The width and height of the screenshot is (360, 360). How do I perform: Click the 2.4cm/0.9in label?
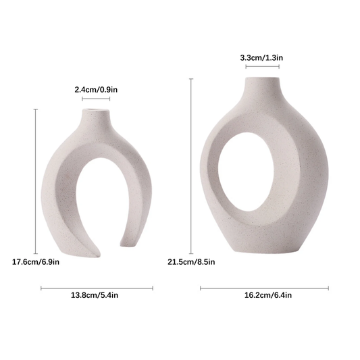coord(96,90)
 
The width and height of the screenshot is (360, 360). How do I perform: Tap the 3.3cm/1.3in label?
coord(261,57)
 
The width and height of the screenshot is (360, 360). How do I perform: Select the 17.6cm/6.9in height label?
coord(36,262)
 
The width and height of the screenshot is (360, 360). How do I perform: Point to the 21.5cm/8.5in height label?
coord(191,262)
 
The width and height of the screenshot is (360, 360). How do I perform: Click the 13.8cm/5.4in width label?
coord(95,295)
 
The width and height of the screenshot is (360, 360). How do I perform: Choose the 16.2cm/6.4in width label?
coord(268,295)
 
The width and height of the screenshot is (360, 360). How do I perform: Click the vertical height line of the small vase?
coord(36,182)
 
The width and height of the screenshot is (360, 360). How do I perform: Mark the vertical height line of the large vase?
coord(191,166)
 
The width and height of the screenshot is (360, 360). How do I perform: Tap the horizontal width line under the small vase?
coord(97,288)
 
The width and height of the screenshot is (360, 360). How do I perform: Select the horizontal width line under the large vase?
coord(264,288)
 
